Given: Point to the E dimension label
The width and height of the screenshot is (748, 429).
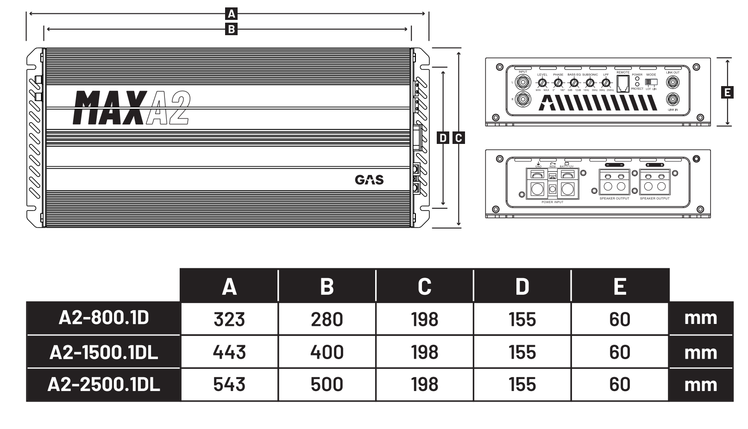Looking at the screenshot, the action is point(728,92).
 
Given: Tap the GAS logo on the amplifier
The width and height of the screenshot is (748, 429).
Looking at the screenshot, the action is point(369,180).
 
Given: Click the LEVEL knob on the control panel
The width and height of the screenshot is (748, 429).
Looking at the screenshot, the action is point(542,83).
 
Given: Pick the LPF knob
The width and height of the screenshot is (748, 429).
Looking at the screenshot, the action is point(606,83).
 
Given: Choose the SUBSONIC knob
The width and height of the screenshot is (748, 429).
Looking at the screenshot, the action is point(590,83).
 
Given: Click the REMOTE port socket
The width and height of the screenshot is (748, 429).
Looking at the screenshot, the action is point(623,83).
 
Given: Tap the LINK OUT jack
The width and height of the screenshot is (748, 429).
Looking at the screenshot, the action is point(673,82).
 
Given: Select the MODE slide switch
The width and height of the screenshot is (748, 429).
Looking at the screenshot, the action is point(651,82).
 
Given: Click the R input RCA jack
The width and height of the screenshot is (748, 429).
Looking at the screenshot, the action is point(523,99).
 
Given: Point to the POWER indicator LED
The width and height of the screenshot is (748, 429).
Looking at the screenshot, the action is point(637,79).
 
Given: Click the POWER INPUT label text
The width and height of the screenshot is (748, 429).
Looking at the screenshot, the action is point(552,202).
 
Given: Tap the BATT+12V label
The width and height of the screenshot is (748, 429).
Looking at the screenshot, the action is point(566,166).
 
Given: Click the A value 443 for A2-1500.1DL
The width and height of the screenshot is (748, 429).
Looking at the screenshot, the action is point(229,352).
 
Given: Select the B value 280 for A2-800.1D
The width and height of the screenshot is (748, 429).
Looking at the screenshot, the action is point(327,319).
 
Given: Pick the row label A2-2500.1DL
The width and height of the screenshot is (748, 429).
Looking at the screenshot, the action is point(104,385).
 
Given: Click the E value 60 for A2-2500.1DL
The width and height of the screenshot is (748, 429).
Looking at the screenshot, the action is point(620,385).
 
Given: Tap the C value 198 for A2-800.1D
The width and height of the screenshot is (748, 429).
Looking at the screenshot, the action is point(425,319).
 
